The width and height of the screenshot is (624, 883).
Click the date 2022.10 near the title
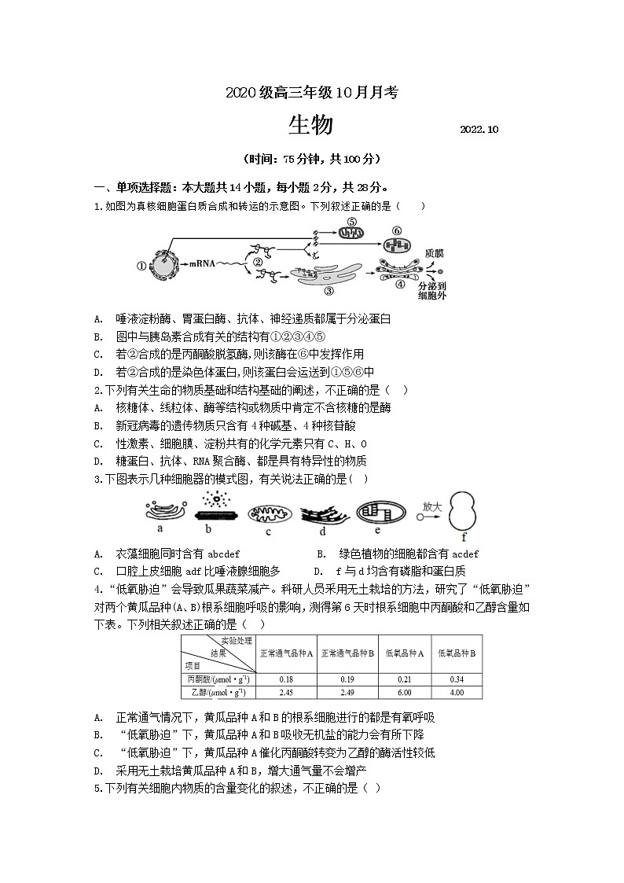click(x=479, y=129)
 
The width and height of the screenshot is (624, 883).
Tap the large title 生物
click(x=310, y=125)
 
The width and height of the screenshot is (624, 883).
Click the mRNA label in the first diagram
click(x=202, y=265)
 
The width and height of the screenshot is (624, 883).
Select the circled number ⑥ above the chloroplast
click(x=397, y=230)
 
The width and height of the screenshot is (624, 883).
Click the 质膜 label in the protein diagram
click(x=434, y=254)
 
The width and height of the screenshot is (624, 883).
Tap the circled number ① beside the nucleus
click(x=141, y=266)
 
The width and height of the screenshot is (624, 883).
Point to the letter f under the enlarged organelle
click(x=464, y=538)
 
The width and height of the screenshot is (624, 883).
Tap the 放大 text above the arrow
click(x=432, y=506)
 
